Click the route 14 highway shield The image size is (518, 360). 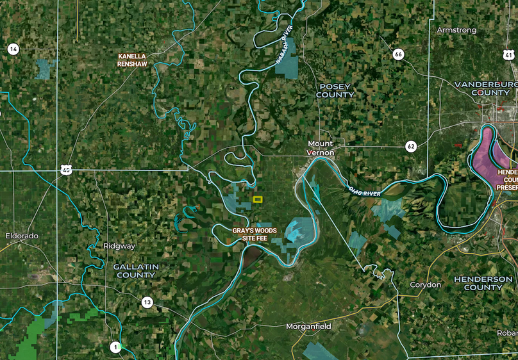click(x=13, y=49)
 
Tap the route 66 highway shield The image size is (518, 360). click(x=399, y=54)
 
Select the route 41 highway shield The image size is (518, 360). click(x=509, y=55)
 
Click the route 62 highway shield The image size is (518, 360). click(x=411, y=147)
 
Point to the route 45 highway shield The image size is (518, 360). click(x=66, y=170)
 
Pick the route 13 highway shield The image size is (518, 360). click(x=147, y=302)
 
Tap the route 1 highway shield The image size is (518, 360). click(x=115, y=347)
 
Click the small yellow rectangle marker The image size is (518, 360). click(x=258, y=199)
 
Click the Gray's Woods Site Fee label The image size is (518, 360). click(x=249, y=234)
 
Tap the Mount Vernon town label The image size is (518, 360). click(x=321, y=148)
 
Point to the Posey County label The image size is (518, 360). click(x=335, y=90)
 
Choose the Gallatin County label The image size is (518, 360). click(x=135, y=270)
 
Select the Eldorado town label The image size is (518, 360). click(x=22, y=236)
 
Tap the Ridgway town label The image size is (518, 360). click(x=119, y=246)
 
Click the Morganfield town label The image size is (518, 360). click(x=308, y=327)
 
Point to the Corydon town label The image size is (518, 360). click(x=426, y=284)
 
